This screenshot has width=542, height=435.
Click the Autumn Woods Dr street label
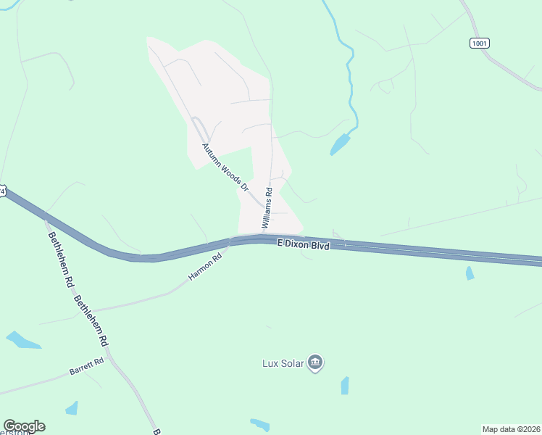[225, 167]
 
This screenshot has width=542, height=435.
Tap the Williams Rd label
[268, 209]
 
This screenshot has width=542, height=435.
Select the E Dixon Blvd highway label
[304, 246]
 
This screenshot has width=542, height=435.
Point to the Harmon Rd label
[204, 268]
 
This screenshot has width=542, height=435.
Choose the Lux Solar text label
[283, 362]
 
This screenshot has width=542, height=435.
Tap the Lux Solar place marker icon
[314, 362]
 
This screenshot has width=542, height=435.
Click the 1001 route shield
[479, 43]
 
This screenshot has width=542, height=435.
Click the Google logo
[24, 426]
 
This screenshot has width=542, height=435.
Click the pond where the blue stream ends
[339, 145]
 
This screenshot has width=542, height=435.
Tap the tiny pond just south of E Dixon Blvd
[470, 273]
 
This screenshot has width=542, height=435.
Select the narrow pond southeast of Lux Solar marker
[345, 385]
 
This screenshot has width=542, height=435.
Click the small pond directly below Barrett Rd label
[72, 408]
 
